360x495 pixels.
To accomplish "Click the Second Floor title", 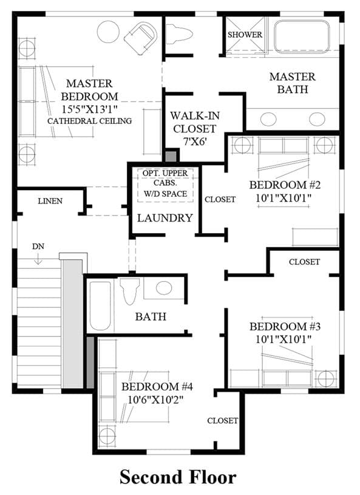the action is click(x=178, y=477).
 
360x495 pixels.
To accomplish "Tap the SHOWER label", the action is click(x=245, y=35).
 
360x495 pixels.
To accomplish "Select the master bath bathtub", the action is click(x=302, y=36).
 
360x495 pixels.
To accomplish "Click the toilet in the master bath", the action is click(x=179, y=35).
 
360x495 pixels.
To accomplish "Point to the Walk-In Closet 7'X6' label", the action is click(x=195, y=129).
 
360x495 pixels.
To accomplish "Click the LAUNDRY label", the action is click(x=165, y=218).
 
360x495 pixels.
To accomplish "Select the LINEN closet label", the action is click(x=50, y=201).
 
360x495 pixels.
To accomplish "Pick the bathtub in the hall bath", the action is click(x=100, y=306).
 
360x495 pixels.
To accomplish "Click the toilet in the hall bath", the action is click(x=130, y=291).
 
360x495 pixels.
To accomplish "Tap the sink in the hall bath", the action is click(x=164, y=288).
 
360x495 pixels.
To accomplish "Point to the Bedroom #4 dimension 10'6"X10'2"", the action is click(x=155, y=400).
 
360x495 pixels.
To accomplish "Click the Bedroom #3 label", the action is click(x=285, y=326).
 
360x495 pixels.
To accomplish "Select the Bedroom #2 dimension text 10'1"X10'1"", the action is click(x=284, y=198).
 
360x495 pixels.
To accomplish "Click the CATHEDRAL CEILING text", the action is click(x=90, y=121).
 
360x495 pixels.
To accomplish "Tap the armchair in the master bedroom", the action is click(x=141, y=37).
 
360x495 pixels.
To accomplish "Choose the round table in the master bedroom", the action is click(x=108, y=32).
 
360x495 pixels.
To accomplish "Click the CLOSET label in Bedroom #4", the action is click(x=222, y=420).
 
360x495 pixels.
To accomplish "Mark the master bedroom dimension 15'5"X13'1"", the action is click(x=89, y=109).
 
